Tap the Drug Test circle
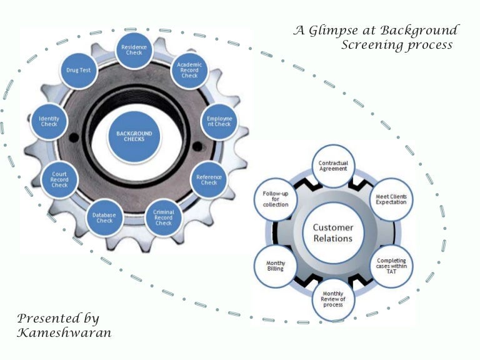click(78, 70)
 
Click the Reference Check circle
click(209, 180)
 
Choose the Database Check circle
click(104, 217)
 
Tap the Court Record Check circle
click(59, 180)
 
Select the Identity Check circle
click(49, 120)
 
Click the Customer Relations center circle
click(332, 232)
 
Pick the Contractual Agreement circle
click(332, 166)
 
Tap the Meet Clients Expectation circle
click(391, 199)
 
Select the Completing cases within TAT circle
click(391, 265)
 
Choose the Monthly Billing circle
click(275, 265)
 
